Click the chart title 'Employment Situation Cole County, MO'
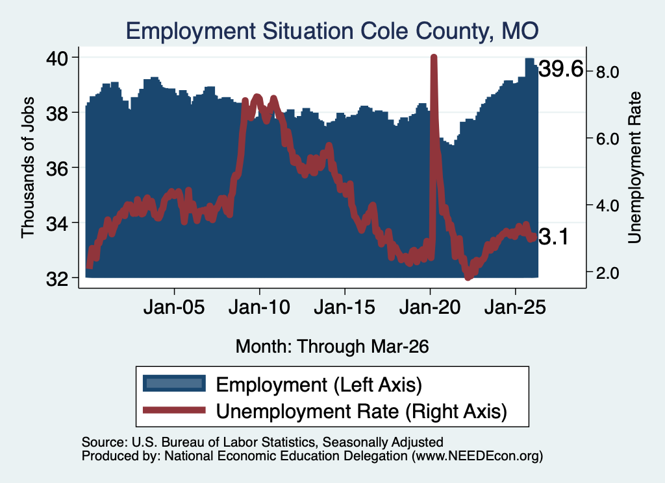click(x=332, y=31)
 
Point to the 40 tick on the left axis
click(x=57, y=58)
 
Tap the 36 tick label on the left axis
click(x=57, y=168)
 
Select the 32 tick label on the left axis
click(x=57, y=278)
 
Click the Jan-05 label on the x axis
click(x=174, y=307)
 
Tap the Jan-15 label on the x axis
click(x=344, y=307)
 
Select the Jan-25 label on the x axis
click(x=515, y=307)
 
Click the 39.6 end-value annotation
click(x=560, y=69)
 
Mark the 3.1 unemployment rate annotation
click(x=553, y=237)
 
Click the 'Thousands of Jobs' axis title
click(x=27, y=167)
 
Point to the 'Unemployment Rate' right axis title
click(x=634, y=168)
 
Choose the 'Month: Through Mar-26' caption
click(x=332, y=346)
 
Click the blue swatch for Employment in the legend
click(x=174, y=384)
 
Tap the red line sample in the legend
click(x=174, y=410)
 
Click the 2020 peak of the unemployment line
click(x=433, y=56)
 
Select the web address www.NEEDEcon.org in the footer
click(x=477, y=456)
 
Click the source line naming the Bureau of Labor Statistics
click(x=262, y=442)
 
